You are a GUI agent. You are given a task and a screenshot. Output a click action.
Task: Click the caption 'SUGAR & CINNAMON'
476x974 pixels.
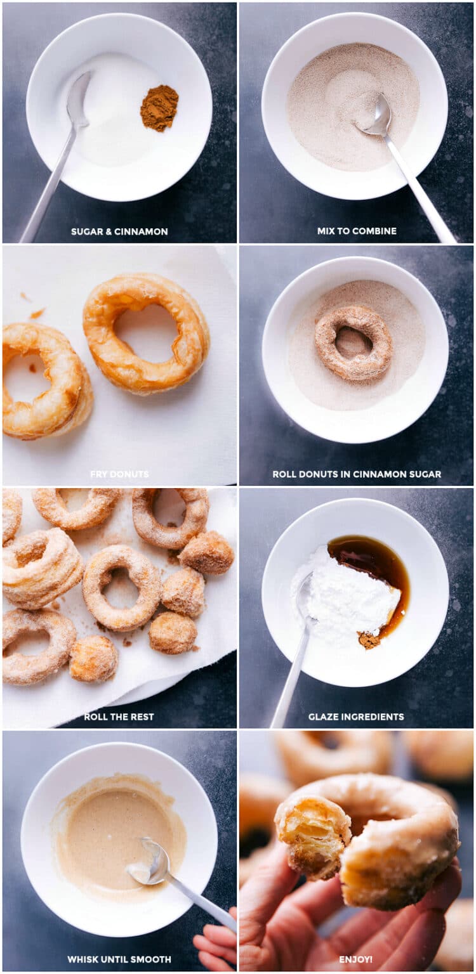click(119, 231)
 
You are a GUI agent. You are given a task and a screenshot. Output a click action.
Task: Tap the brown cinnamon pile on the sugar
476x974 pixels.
click(159, 108)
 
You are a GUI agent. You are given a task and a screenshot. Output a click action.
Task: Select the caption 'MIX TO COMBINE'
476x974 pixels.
click(357, 231)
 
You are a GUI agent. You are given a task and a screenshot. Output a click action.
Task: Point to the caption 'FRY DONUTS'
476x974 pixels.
click(119, 474)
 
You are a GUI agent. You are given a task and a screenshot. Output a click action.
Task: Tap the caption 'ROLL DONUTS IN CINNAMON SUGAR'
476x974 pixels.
click(357, 474)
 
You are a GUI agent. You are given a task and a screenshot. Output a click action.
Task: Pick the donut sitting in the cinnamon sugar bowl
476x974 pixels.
click(354, 342)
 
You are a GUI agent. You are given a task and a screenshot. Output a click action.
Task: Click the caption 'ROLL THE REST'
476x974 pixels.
click(119, 717)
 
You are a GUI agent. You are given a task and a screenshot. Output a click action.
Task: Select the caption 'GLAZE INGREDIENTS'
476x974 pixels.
click(356, 717)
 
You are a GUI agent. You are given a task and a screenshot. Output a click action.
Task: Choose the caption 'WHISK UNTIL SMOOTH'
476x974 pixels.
click(119, 959)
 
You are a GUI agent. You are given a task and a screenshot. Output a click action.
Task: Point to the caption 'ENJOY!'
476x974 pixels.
click(357, 959)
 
